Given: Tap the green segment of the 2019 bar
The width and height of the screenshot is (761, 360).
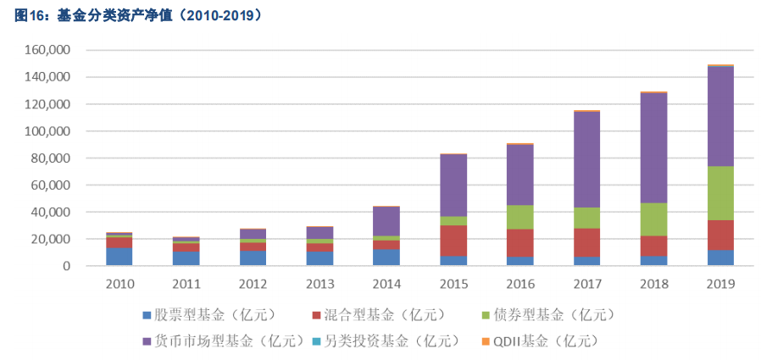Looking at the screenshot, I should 720,193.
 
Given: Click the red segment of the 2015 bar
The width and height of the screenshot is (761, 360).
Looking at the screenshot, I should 453,241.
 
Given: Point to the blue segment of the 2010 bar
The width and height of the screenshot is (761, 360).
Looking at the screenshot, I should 119,257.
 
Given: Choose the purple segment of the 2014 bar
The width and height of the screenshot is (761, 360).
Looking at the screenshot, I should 386,221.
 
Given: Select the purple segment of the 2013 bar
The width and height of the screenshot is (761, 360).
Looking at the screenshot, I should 319,232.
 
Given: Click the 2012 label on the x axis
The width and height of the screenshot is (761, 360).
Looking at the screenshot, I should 252,282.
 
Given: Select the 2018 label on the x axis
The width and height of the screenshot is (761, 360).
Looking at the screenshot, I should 653,282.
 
